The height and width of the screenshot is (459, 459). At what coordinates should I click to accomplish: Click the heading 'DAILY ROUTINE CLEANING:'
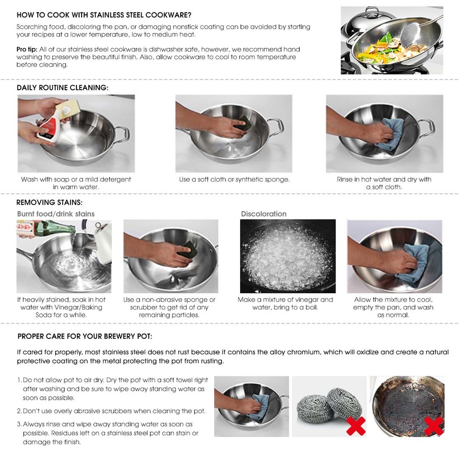click(62, 88)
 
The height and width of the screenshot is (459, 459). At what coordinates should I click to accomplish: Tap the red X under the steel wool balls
click(355, 425)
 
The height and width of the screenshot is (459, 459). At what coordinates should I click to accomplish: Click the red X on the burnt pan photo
click(433, 425)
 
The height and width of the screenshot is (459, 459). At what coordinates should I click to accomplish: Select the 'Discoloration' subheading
click(264, 214)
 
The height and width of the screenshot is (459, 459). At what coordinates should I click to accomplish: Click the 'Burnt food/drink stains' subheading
click(56, 214)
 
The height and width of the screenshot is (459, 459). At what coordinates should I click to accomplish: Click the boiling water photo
click(288, 256)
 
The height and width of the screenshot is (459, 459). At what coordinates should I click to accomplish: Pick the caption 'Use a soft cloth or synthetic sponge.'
click(234, 180)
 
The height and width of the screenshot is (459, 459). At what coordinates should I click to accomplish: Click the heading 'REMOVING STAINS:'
click(49, 202)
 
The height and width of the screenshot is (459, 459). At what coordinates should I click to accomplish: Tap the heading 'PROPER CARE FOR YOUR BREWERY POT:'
click(85, 337)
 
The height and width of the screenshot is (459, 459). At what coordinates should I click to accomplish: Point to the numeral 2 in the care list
click(19, 411)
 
